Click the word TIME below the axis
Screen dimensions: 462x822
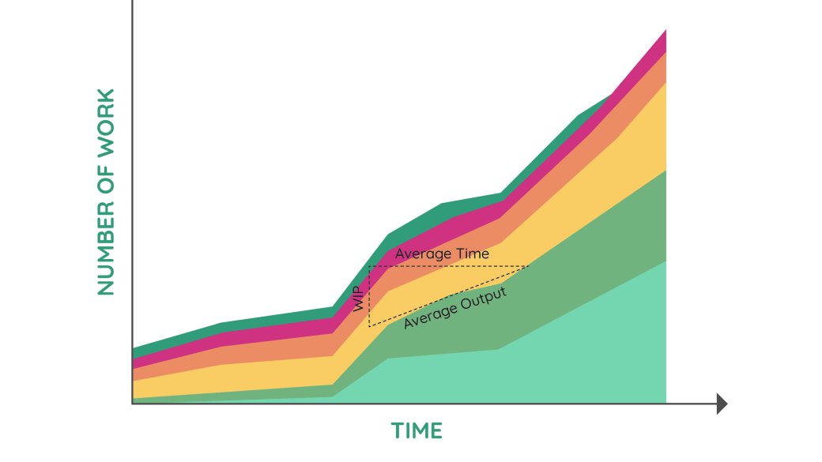point(417,431)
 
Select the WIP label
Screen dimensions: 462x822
point(360,299)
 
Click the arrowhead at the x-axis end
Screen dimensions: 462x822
point(721,404)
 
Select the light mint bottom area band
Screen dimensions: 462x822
point(553,363)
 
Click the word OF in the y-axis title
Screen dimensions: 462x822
point(106,183)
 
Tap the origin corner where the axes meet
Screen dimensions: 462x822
point(133,404)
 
